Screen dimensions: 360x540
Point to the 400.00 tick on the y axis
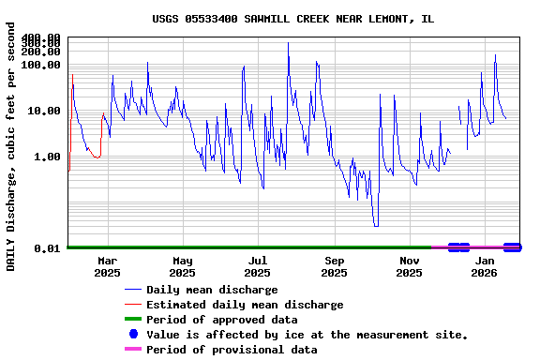coord(41,37)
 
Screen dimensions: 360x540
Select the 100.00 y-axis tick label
coord(41,65)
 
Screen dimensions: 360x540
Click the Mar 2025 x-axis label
coord(107,266)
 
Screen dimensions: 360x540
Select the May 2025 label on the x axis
coord(183,266)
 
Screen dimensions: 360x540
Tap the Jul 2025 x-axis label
coord(258,266)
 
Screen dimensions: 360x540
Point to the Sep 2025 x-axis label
coord(335,266)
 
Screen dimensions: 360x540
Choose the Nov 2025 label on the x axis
coord(410,266)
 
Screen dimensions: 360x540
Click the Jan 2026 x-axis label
coord(485,266)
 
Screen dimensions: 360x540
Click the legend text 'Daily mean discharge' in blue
coord(212,290)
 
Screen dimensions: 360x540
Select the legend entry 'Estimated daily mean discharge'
coord(245,305)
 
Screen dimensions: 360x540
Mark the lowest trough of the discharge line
coord(376,225)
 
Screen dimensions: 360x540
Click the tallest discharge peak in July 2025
coord(288,43)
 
